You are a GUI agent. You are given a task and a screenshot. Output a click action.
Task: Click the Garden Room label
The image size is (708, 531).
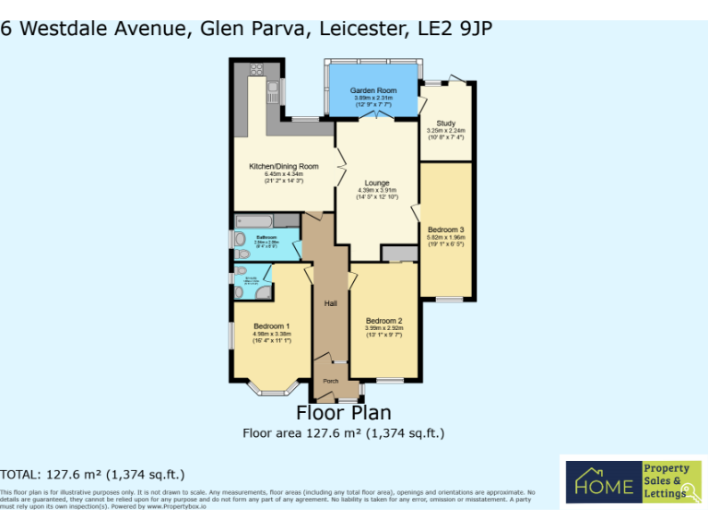pos(372,90)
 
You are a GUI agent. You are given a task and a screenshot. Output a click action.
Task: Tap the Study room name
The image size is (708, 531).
pos(446,123)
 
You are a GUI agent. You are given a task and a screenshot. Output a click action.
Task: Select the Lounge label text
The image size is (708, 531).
pos(376,183)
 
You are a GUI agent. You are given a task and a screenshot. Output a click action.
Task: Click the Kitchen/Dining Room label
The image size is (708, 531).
pos(284,167)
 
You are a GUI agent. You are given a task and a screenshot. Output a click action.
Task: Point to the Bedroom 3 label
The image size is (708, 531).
pos(445,229)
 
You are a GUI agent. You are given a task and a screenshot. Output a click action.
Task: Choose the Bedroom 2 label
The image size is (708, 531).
pos(384,321)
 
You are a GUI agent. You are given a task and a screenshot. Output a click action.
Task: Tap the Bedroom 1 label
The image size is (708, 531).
pos(272,326)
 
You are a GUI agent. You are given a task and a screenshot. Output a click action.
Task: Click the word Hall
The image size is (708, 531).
pos(330,303)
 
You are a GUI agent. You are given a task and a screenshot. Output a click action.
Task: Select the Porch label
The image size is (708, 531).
pos(330,381)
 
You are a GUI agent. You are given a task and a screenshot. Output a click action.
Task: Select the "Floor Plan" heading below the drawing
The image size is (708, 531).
pos(343,413)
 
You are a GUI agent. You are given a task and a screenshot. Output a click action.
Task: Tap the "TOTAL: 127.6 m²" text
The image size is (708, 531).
pos(92,475)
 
